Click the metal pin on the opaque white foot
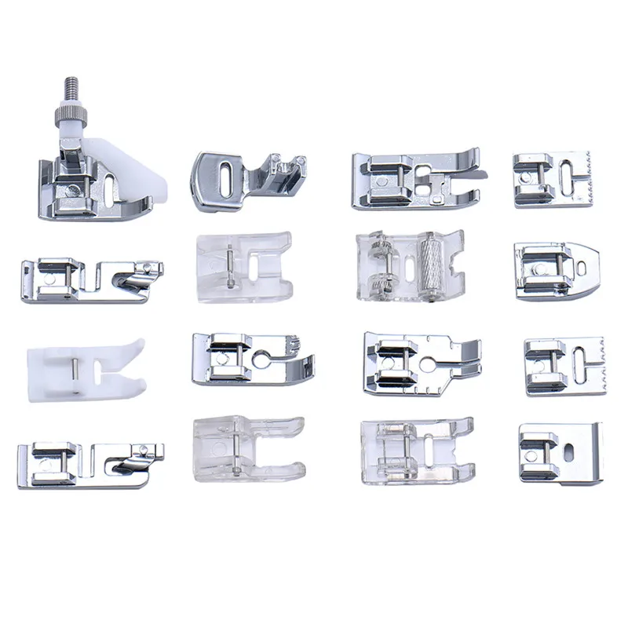click(x=72, y=366)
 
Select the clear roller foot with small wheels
click(x=408, y=265)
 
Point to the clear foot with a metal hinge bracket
click(x=416, y=451)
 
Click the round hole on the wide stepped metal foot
click(x=430, y=365)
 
